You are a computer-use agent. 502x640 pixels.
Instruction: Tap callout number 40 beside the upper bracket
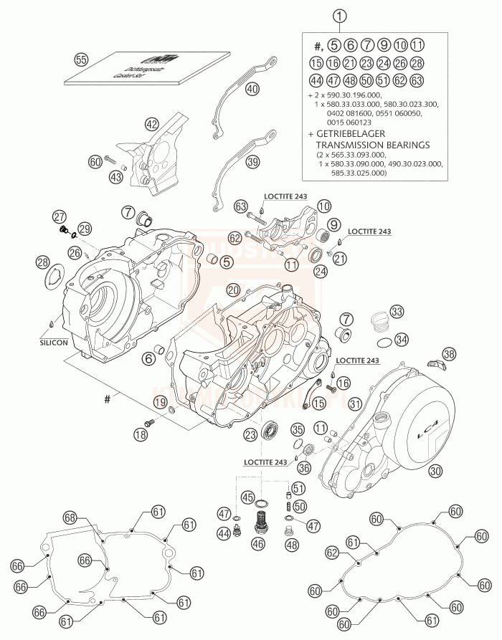tap(252, 90)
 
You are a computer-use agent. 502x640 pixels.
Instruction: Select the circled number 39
tap(252, 163)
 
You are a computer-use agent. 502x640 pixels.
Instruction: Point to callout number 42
tap(151, 124)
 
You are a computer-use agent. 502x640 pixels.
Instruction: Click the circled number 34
tap(402, 339)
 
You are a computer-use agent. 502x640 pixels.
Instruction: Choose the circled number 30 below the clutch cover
tap(435, 472)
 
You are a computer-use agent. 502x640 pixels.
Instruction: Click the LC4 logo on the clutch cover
tap(421, 431)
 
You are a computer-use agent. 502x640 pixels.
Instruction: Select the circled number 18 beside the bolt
tap(141, 434)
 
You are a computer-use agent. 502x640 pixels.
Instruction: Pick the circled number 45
tap(247, 497)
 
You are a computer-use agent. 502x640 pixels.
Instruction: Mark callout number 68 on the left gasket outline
tap(70, 517)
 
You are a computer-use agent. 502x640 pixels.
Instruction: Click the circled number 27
tap(59, 217)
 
